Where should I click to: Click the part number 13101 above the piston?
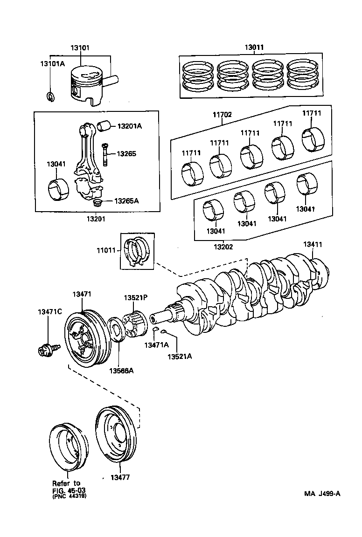click(80, 48)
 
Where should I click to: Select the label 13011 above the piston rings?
click(255, 48)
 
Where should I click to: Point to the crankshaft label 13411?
click(313, 244)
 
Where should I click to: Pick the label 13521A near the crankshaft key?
click(180, 356)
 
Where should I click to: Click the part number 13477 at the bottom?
click(120, 477)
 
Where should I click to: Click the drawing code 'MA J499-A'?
click(322, 493)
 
